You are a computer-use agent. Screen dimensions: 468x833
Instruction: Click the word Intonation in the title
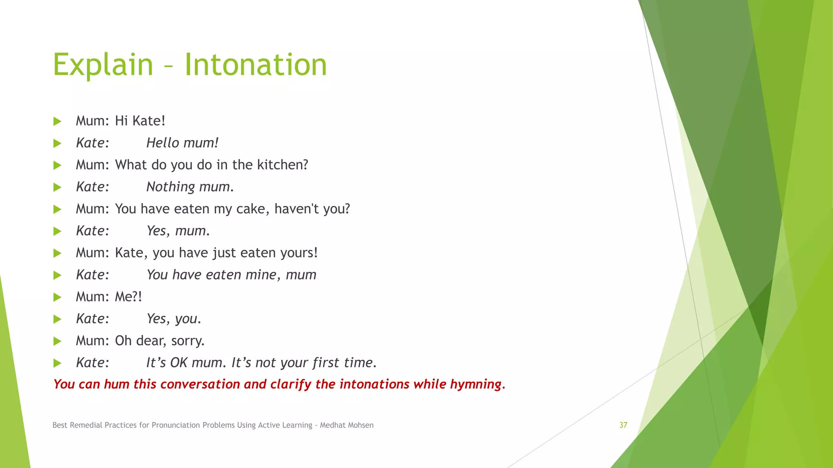click(255, 65)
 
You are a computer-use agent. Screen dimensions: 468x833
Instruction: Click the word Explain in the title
click(103, 65)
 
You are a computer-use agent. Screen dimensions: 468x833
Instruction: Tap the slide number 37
click(623, 425)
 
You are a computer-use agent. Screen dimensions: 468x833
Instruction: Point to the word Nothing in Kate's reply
click(171, 187)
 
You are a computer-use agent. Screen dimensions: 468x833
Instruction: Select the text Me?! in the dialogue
click(128, 297)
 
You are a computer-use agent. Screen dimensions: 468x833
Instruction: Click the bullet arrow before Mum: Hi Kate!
click(57, 121)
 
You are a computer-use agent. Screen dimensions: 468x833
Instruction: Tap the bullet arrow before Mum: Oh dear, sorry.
click(57, 341)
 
